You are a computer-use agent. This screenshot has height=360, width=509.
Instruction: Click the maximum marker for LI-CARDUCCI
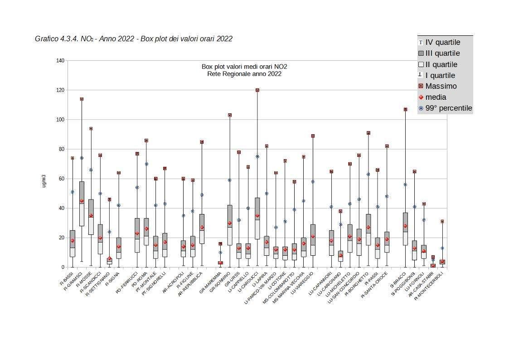click(x=257, y=90)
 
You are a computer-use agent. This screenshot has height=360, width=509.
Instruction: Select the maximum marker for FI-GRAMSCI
click(x=82, y=99)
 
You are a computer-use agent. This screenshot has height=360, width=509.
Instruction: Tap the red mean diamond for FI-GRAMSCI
click(x=82, y=201)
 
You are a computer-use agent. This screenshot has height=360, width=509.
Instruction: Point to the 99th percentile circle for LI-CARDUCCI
click(x=257, y=156)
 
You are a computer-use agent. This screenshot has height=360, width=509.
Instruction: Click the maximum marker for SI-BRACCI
click(x=405, y=109)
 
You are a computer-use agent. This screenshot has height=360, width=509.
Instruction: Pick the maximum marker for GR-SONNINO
click(x=230, y=115)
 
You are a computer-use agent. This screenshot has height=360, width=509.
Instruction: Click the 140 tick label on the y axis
click(x=60, y=61)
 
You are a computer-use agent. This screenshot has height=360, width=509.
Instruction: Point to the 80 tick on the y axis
click(x=60, y=149)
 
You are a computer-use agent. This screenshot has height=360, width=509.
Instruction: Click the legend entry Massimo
click(x=441, y=86)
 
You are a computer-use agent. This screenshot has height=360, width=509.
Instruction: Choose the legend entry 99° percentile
click(x=448, y=108)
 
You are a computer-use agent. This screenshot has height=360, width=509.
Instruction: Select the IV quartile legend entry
click(x=442, y=42)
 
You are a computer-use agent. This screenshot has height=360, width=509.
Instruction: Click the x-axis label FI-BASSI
click(x=66, y=278)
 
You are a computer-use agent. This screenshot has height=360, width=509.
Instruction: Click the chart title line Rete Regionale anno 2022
click(x=244, y=74)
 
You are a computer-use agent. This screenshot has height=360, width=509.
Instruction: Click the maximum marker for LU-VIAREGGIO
click(x=313, y=136)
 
